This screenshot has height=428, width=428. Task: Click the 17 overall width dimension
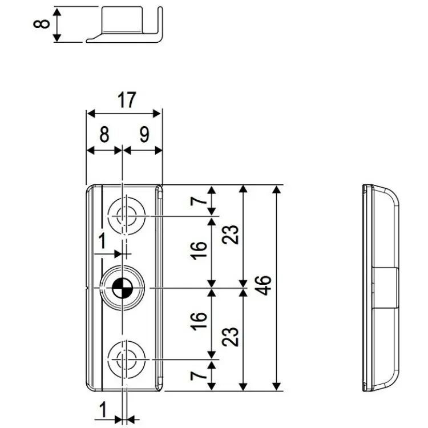click(x=126, y=100)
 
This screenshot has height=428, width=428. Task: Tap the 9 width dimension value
click(x=143, y=135)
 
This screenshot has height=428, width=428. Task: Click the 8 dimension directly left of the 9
click(x=103, y=135)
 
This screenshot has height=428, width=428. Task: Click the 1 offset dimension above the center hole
click(x=103, y=241)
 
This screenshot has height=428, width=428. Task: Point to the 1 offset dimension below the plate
click(x=103, y=409)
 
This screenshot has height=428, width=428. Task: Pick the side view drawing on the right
click(x=379, y=288)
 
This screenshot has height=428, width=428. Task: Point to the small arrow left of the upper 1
click(x=116, y=252)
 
